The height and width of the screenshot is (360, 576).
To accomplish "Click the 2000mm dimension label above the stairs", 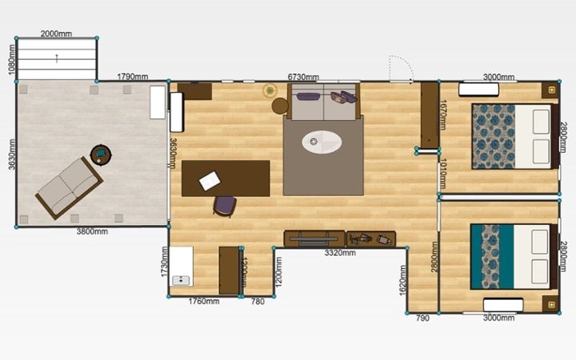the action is pos(56,34).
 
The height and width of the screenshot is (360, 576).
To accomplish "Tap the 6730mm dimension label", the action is pos(303,77).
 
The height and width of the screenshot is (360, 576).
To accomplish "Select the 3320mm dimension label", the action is pos(340,253).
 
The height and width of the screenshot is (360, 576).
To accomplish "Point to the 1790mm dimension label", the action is pos(133,77).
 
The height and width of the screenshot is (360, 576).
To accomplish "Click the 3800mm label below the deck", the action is pos(92,231).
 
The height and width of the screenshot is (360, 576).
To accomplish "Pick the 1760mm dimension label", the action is pos(204,302).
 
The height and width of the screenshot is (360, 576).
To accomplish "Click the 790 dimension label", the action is pos(422,318).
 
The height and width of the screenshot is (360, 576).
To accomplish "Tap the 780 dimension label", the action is pos(258,302).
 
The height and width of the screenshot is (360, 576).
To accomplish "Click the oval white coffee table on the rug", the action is pos(322,142).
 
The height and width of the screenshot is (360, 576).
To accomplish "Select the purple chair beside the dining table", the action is pos(225,206).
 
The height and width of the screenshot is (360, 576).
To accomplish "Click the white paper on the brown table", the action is pos(210,181).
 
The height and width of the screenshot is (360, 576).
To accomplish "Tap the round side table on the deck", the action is pos(101,155).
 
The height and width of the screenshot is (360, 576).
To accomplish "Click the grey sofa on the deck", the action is pos(69,188).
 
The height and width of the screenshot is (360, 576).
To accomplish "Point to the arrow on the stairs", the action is pos(57,58).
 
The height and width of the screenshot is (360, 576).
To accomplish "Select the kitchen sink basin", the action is pos(181,281).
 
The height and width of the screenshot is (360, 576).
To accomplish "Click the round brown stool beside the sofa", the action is pos(280,106).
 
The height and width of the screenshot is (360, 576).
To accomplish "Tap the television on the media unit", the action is pos(314,238).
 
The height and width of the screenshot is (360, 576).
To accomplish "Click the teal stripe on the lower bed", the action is pos(506,257).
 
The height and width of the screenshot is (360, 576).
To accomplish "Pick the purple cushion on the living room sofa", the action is pos(308,97).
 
